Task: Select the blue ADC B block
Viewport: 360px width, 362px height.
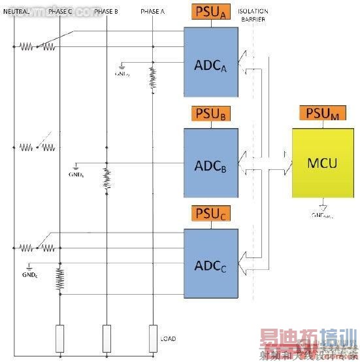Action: click(x=211, y=163)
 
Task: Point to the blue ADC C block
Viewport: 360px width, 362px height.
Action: click(x=211, y=265)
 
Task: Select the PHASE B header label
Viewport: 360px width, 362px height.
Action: click(x=106, y=12)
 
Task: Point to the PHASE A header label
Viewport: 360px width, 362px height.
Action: click(x=152, y=12)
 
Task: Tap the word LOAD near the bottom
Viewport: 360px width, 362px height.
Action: click(x=168, y=338)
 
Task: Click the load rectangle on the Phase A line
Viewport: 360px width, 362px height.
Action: click(x=153, y=337)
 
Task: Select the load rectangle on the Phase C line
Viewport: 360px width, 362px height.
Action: click(x=59, y=337)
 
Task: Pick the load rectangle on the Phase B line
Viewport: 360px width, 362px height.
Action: click(x=106, y=337)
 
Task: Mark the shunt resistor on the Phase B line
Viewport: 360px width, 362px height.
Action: click(x=106, y=178)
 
